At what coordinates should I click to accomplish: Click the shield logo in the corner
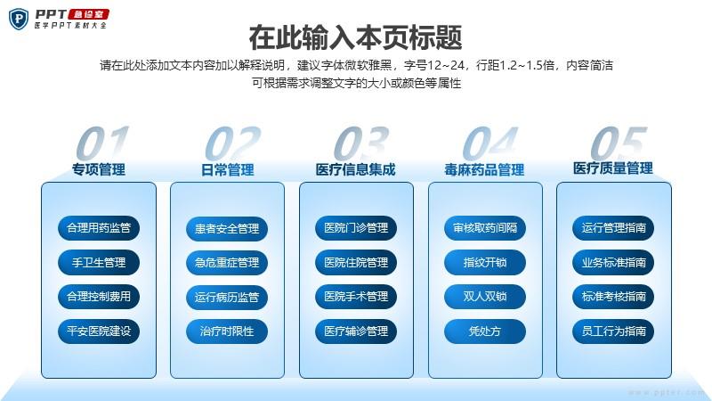19,19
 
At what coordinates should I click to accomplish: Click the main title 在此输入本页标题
355,37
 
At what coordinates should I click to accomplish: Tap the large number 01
102,143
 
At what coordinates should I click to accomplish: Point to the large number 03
361,143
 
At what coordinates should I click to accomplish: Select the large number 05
619,143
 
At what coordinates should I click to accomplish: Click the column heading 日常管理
228,170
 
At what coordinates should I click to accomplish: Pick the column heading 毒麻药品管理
484,170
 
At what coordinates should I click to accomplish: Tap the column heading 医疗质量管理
613,168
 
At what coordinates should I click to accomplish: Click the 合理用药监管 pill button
99,228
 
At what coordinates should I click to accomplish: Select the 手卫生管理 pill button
99,262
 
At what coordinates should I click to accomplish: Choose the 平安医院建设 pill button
99,331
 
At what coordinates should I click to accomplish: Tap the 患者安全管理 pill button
227,229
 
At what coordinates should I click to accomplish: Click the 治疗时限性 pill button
227,331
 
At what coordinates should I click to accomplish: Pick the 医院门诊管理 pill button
356,228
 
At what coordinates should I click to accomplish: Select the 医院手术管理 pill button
356,297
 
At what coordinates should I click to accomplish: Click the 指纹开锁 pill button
485,262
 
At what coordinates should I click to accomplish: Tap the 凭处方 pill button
485,331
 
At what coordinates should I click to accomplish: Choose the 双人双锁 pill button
485,297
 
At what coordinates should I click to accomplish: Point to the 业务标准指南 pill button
613,262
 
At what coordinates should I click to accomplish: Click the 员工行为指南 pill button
613,331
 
